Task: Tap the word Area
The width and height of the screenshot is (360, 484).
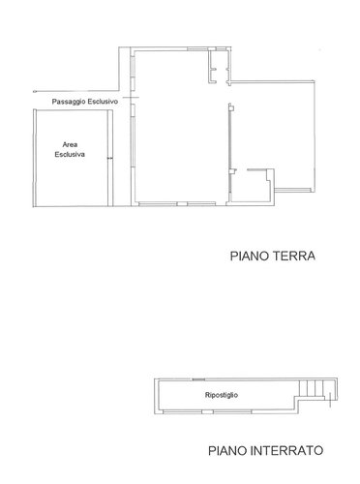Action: pyautogui.click(x=69, y=143)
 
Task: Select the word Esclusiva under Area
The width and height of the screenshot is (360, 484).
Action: pyautogui.click(x=70, y=153)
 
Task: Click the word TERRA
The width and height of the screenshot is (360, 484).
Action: pyautogui.click(x=296, y=257)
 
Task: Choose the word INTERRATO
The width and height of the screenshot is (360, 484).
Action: pyautogui.click(x=287, y=450)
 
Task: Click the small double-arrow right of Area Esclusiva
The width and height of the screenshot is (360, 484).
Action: pyautogui.click(x=110, y=159)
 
